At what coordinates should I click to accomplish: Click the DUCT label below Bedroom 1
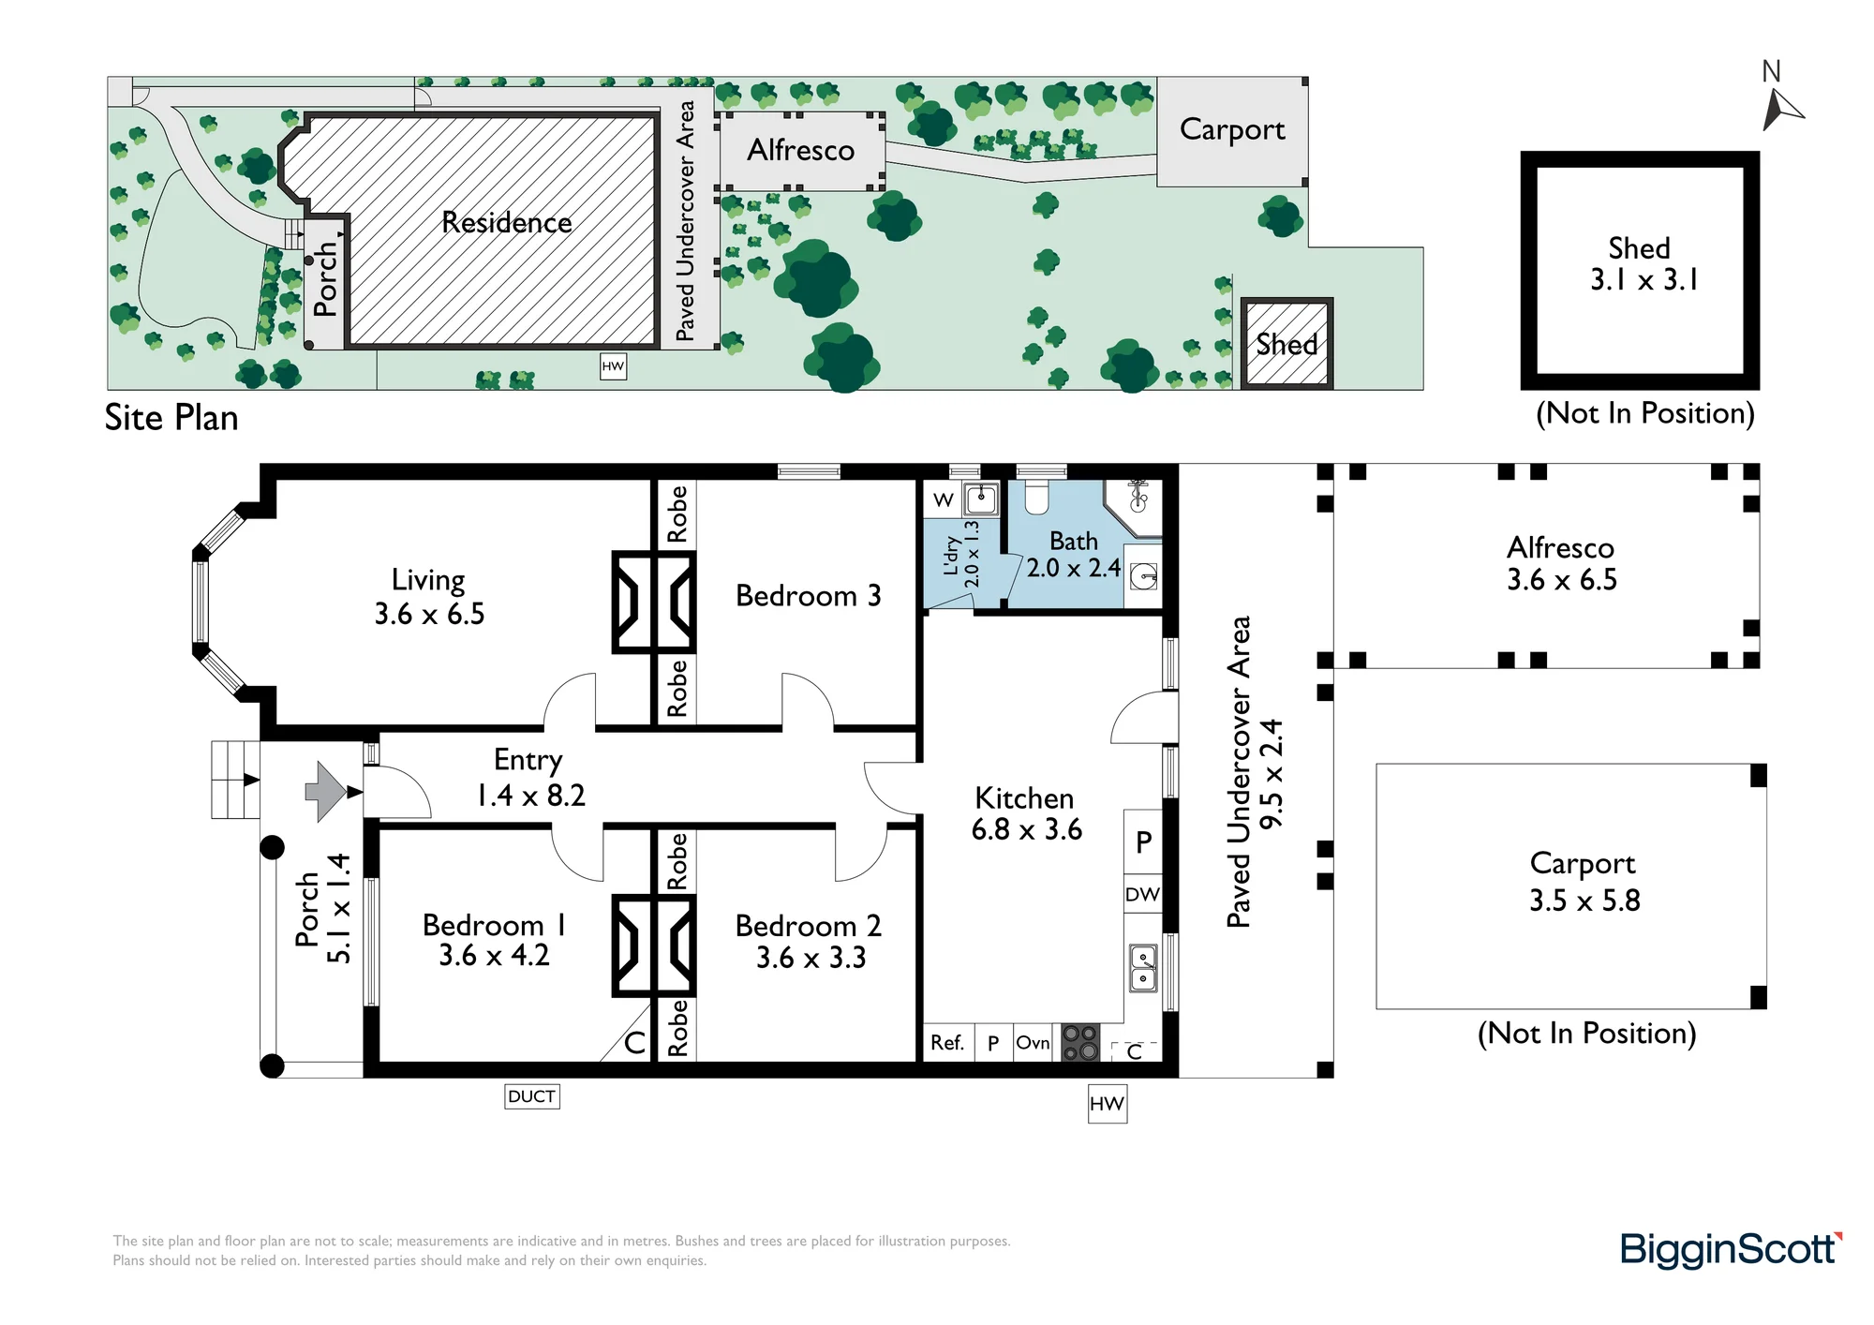(x=532, y=1096)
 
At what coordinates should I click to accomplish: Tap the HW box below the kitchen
(x=1107, y=1104)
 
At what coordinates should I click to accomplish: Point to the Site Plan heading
(x=171, y=418)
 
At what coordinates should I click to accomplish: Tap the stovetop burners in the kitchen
(x=1080, y=1043)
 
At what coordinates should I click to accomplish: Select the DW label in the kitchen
(x=1142, y=894)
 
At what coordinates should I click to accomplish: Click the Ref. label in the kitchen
(x=947, y=1043)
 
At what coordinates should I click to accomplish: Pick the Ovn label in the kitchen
(x=1033, y=1043)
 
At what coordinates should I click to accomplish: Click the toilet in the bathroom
(x=1035, y=498)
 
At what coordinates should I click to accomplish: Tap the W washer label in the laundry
(x=944, y=500)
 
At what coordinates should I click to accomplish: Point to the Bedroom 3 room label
(x=808, y=596)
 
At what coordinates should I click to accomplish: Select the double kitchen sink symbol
(x=1143, y=968)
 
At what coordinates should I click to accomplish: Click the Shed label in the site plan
(x=1287, y=345)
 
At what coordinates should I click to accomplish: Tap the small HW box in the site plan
(x=613, y=366)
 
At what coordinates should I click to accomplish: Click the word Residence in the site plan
(x=506, y=223)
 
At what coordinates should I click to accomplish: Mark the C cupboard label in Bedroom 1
(x=634, y=1043)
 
